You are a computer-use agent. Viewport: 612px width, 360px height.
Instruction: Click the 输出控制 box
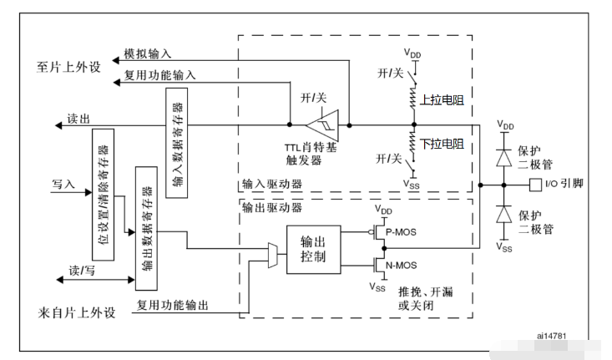pyautogui.click(x=313, y=250)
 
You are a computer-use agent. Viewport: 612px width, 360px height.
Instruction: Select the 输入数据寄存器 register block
pyautogui.click(x=176, y=143)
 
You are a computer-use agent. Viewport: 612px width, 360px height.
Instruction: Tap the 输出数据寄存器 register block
pyautogui.click(x=146, y=228)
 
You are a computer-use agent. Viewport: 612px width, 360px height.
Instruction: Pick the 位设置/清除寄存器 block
pyautogui.click(x=103, y=195)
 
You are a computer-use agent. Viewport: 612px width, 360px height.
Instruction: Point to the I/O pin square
pyautogui.click(x=535, y=185)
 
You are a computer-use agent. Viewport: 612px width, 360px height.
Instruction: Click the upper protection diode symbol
pyautogui.click(x=504, y=158)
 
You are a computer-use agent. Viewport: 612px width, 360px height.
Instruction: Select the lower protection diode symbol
pyautogui.click(x=504, y=215)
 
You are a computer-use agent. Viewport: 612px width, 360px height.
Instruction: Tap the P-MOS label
pyautogui.click(x=401, y=232)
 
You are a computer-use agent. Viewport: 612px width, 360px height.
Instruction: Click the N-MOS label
pyautogui.click(x=402, y=266)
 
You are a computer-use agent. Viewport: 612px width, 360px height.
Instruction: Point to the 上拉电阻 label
pyautogui.click(x=442, y=100)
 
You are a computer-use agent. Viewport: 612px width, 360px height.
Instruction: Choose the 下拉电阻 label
pyautogui.click(x=442, y=144)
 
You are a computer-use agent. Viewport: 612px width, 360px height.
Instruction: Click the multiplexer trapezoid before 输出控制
pyautogui.click(x=273, y=255)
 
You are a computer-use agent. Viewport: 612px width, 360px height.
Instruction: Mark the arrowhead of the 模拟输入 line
pyautogui.click(x=115, y=60)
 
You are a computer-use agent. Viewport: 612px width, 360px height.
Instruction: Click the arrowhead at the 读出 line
pyautogui.click(x=58, y=125)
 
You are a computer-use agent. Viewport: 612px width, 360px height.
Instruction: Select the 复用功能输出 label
pyautogui.click(x=172, y=305)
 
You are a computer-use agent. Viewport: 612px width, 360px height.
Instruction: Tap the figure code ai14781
pyautogui.click(x=551, y=336)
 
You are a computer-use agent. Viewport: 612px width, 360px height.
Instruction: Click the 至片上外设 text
pyautogui.click(x=68, y=67)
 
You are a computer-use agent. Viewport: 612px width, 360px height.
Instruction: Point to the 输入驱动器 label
pyautogui.click(x=272, y=184)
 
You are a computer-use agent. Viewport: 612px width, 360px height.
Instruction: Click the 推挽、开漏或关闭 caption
pyautogui.click(x=426, y=298)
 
